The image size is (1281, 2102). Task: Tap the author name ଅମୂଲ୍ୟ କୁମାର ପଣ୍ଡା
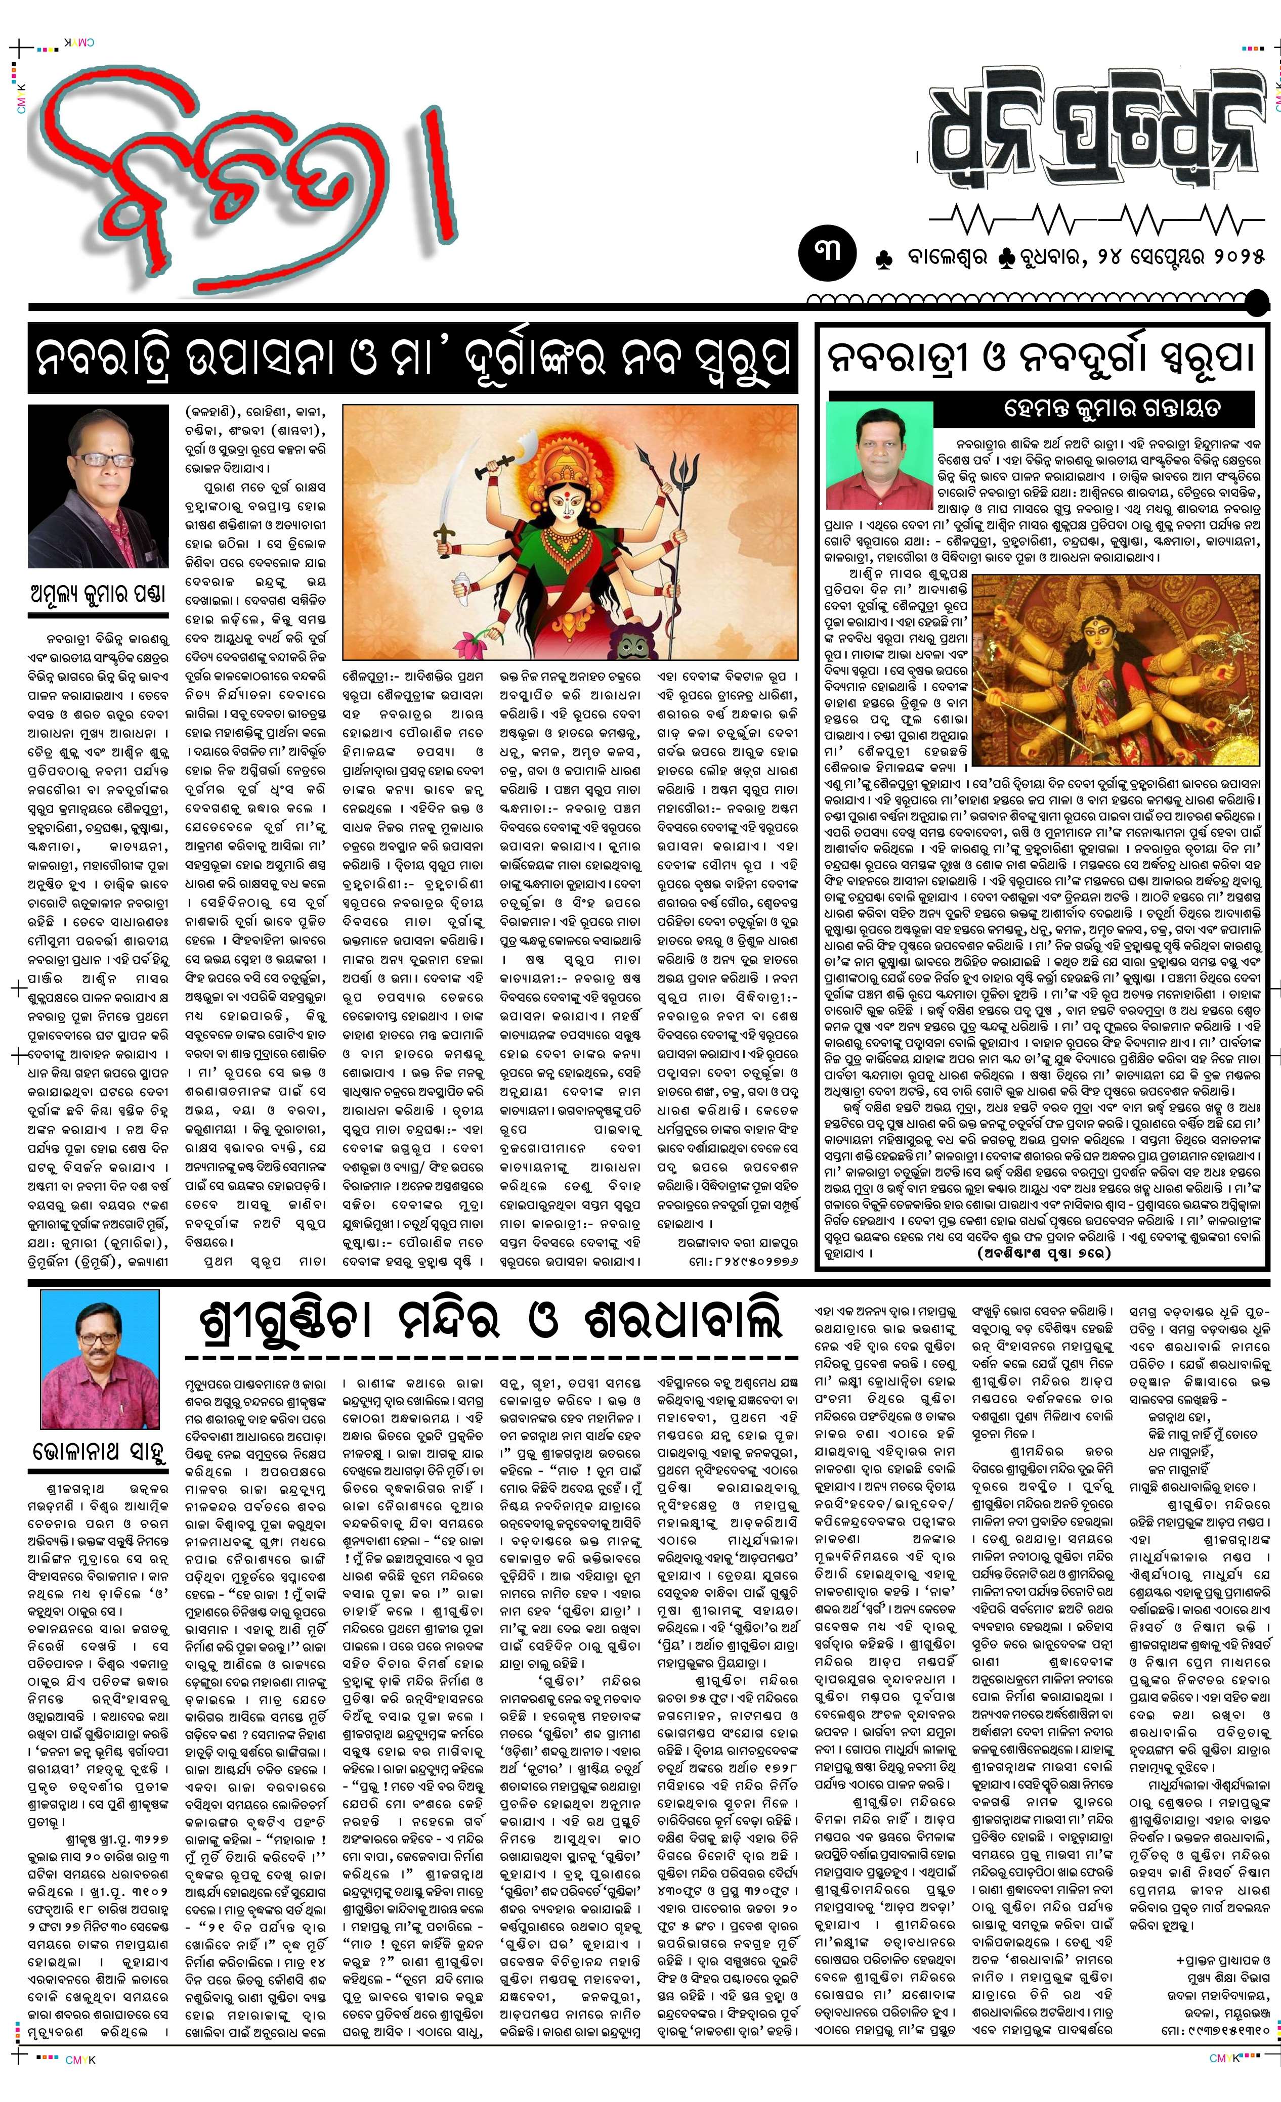click(98, 593)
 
